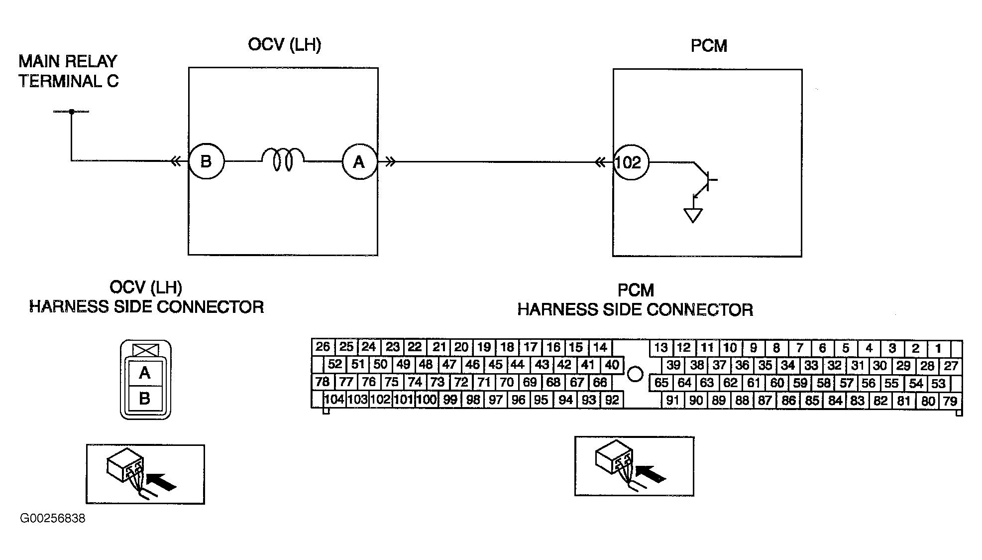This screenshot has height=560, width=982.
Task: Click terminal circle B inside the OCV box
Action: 206,161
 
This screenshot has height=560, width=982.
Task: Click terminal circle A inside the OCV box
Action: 359,161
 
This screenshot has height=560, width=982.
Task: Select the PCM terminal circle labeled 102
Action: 631,162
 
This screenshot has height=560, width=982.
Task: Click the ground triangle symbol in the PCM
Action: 693,215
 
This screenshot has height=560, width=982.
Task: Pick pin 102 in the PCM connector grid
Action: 380,400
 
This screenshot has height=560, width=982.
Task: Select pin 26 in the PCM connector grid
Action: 323,347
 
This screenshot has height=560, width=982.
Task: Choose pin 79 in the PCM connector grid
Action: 950,401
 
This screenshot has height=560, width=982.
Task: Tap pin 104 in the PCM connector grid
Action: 334,400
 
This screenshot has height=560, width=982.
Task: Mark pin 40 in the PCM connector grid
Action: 612,365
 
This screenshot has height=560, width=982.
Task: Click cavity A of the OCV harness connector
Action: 145,373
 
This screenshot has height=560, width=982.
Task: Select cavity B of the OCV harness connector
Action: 145,398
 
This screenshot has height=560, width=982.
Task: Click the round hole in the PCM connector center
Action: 636,374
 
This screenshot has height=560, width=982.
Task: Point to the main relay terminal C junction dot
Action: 71,112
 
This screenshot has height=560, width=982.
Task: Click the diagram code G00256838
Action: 53,519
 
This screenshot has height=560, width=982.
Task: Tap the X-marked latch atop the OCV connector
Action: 146,350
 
